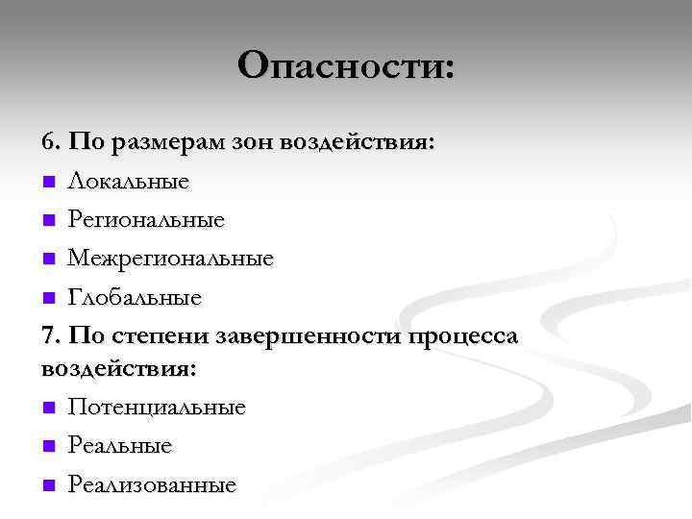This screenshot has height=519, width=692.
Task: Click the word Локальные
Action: click(128, 181)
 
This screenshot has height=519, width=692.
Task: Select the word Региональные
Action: click(146, 220)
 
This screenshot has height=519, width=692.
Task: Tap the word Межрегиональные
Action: click(170, 259)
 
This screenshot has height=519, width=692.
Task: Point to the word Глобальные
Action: click(135, 297)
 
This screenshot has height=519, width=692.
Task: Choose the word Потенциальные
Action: click(157, 408)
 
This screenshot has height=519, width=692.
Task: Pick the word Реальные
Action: click(120, 446)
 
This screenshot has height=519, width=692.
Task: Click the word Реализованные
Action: click(152, 484)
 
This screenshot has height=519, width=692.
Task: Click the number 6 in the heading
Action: click(49, 142)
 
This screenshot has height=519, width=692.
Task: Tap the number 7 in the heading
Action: click(49, 336)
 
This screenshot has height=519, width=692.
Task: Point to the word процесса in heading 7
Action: click(465, 337)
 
